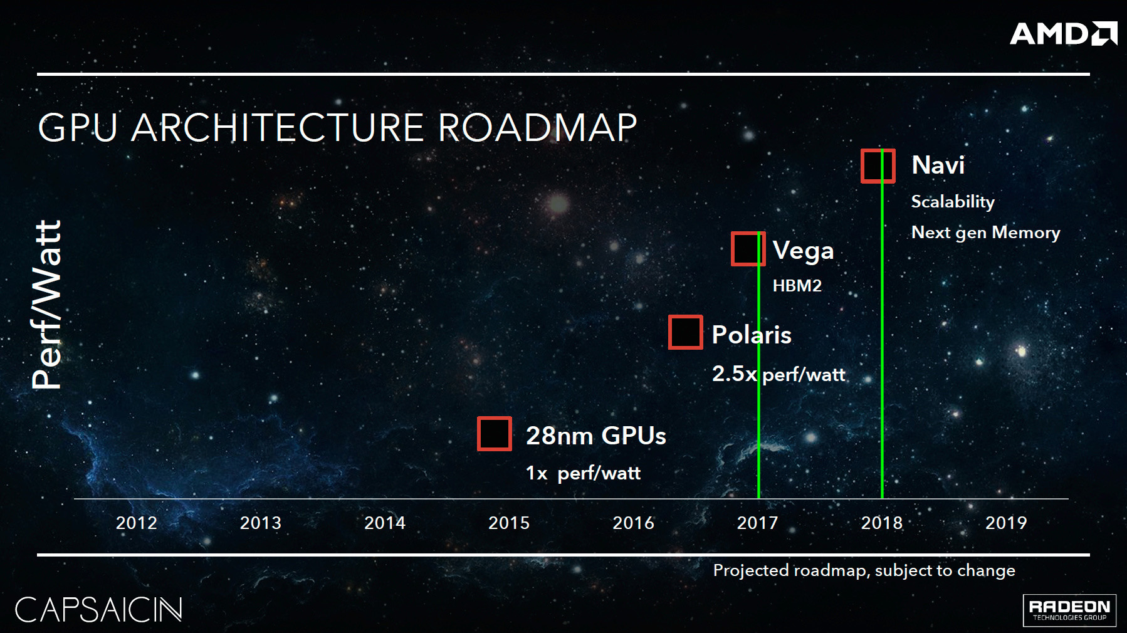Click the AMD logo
[x=1063, y=33]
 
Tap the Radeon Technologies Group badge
[x=1069, y=610]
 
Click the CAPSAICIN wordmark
[x=98, y=609]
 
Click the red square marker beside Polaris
[x=686, y=332]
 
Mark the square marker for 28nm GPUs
[x=495, y=434]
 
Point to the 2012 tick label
[x=137, y=523]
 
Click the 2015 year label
[x=509, y=523]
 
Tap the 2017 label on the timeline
[x=757, y=523]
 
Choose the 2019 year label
[x=1006, y=523]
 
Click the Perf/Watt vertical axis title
[x=47, y=305]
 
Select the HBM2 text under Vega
[x=797, y=286]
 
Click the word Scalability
[x=953, y=202]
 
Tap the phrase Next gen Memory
[x=985, y=233]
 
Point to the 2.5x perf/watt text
[x=778, y=374]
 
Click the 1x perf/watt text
[x=583, y=473]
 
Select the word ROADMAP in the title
[x=537, y=128]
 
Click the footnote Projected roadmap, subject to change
[x=864, y=570]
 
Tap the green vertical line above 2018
[x=882, y=324]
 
